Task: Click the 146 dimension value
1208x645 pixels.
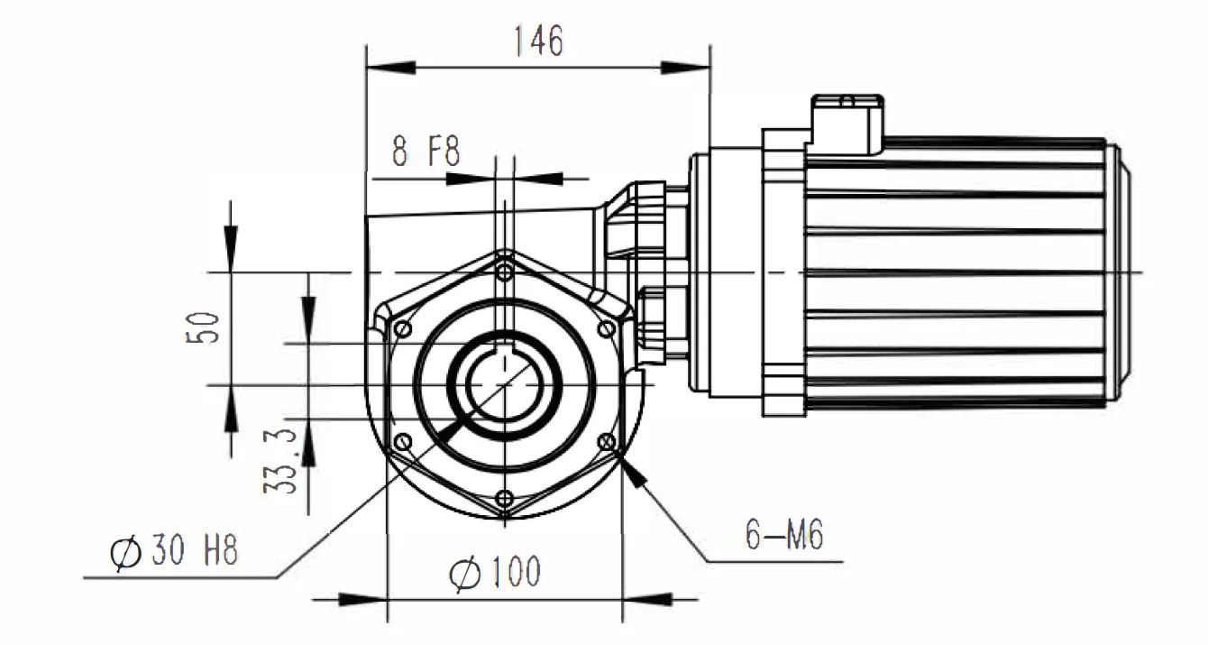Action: coord(537,41)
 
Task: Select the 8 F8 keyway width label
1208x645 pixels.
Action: coord(426,152)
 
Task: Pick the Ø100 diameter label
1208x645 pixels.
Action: coord(496,572)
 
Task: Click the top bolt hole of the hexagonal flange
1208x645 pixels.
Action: coord(505,271)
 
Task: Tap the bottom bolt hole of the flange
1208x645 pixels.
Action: coord(505,499)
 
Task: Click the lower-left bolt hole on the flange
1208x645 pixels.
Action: coord(403,442)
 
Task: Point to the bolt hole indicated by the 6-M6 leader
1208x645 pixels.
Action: coord(607,442)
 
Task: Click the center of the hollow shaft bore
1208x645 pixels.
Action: coord(505,386)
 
